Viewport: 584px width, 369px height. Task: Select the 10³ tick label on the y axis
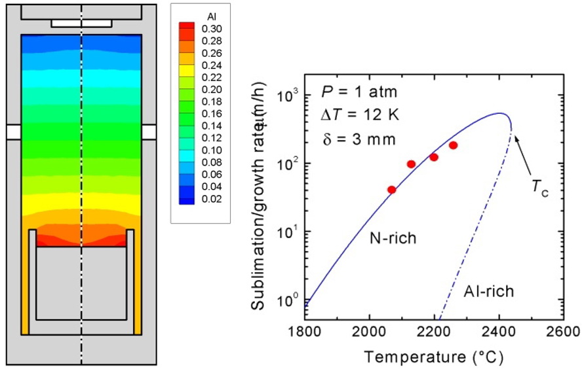[x=288, y=95]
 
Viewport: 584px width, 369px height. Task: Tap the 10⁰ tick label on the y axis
[x=288, y=301]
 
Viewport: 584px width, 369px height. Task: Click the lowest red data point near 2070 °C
[x=392, y=190]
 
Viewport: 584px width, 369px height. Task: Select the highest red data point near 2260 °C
[x=453, y=145]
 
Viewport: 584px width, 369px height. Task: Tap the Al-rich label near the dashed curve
[x=490, y=291]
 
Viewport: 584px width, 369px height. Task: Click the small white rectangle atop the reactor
[x=81, y=23]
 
